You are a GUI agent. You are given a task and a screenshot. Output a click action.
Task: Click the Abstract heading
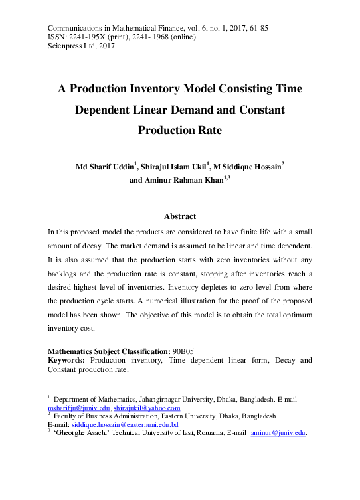(x=179, y=216)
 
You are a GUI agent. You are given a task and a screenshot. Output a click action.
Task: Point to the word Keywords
(x=66, y=360)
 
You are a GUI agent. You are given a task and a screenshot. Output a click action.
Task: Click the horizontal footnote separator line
(x=96, y=382)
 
